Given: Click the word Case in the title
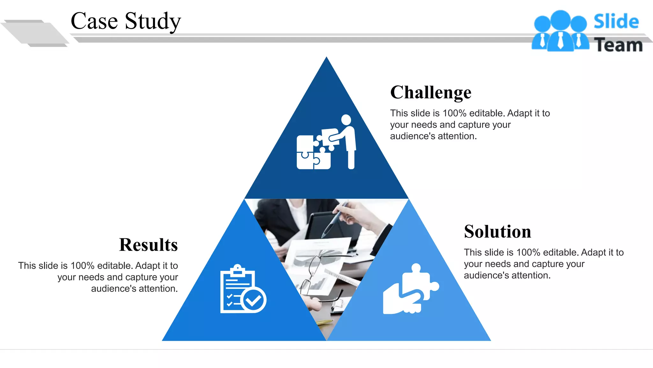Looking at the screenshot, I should point(94,21).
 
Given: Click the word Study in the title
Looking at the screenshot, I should point(153,21).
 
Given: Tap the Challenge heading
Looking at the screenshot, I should point(430,93).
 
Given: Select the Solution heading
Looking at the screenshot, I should point(497,232).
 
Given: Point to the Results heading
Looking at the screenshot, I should point(148,245).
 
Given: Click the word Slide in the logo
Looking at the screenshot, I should point(616,22).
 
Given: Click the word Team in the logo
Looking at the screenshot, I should point(618,45).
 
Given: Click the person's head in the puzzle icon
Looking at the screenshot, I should point(346,120).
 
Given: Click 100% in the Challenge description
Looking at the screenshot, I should point(455,113).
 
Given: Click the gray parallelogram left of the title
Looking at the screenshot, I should point(35,33).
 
